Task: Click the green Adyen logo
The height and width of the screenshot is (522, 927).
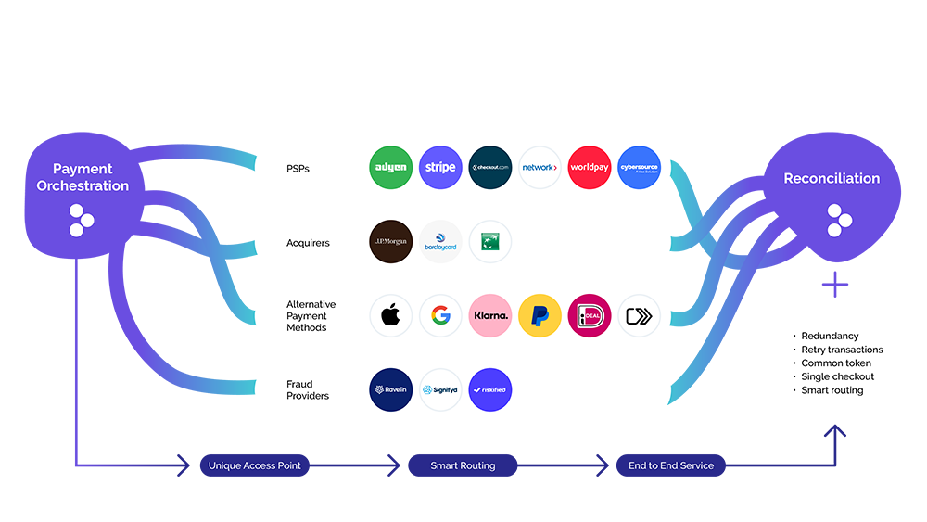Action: click(390, 168)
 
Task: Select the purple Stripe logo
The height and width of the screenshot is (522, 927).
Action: click(440, 168)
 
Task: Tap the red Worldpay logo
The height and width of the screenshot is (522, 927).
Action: click(590, 168)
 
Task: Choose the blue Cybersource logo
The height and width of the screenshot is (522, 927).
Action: click(639, 168)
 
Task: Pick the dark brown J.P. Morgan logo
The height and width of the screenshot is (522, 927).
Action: click(390, 242)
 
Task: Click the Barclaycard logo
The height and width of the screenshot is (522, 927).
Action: click(440, 242)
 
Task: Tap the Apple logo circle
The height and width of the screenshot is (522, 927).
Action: click(390, 315)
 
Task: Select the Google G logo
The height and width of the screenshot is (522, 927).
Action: click(440, 315)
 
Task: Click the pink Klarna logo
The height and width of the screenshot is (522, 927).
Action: click(490, 315)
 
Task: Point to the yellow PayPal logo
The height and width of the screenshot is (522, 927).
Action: click(540, 315)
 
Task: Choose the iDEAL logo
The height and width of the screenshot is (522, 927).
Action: click(590, 315)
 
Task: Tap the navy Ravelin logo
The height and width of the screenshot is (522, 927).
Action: click(390, 389)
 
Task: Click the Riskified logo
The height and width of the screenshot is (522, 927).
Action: click(490, 389)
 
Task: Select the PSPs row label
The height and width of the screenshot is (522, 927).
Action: click(298, 169)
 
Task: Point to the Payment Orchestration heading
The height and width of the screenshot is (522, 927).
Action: click(83, 177)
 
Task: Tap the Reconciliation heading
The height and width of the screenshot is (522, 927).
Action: click(832, 178)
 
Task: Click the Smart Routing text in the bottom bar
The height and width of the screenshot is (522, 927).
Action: click(463, 465)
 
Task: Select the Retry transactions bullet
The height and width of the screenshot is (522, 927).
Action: click(842, 350)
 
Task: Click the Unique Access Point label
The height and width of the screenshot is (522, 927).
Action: click(254, 465)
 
